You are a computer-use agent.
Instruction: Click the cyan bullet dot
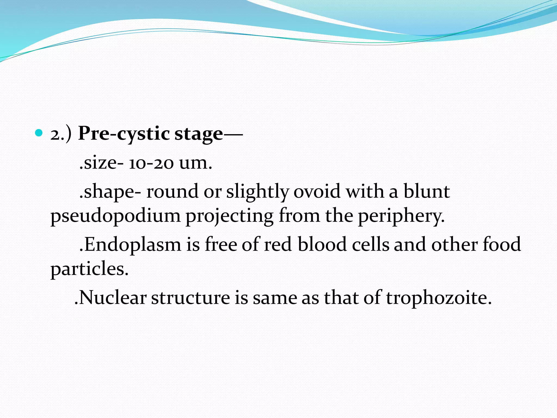(39, 133)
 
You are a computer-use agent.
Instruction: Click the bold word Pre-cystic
(124, 134)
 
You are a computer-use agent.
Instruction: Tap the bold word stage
(199, 134)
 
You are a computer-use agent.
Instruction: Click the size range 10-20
(151, 163)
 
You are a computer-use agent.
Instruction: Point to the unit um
(195, 163)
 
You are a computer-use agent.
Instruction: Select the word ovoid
(317, 191)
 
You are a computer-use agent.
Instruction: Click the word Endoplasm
(130, 244)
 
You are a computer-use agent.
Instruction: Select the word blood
(322, 244)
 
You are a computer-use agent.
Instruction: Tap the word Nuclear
(111, 298)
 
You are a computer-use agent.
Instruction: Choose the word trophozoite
(439, 298)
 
